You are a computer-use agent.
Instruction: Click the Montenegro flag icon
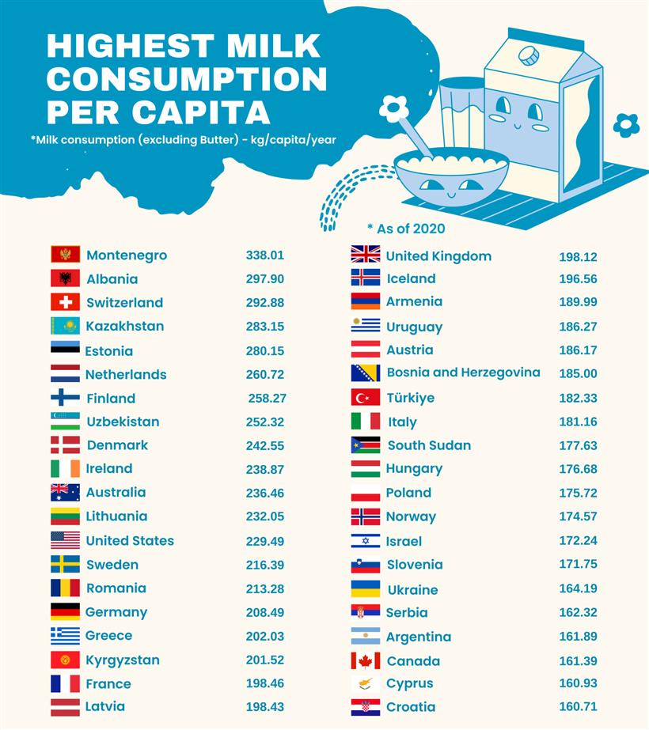coord(65,255)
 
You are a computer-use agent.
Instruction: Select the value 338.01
coord(264,255)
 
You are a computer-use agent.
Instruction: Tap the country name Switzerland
coord(124,303)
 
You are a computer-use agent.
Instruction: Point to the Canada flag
coord(366,661)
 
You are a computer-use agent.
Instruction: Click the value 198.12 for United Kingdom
coord(578,257)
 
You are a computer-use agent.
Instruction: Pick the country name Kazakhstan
coord(124,326)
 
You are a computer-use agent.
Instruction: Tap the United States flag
coord(65,541)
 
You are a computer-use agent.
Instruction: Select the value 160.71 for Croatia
coord(578,707)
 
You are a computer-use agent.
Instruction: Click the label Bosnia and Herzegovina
coord(463,373)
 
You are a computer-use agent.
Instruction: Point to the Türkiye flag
coord(366,398)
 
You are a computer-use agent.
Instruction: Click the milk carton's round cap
coord(528,55)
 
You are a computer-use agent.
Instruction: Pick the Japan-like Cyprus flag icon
coord(366,684)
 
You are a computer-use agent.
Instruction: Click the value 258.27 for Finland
coord(266,399)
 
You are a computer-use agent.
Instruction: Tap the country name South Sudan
coord(429,445)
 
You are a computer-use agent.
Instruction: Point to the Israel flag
coord(366,542)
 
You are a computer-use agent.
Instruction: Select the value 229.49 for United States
coord(264,541)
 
